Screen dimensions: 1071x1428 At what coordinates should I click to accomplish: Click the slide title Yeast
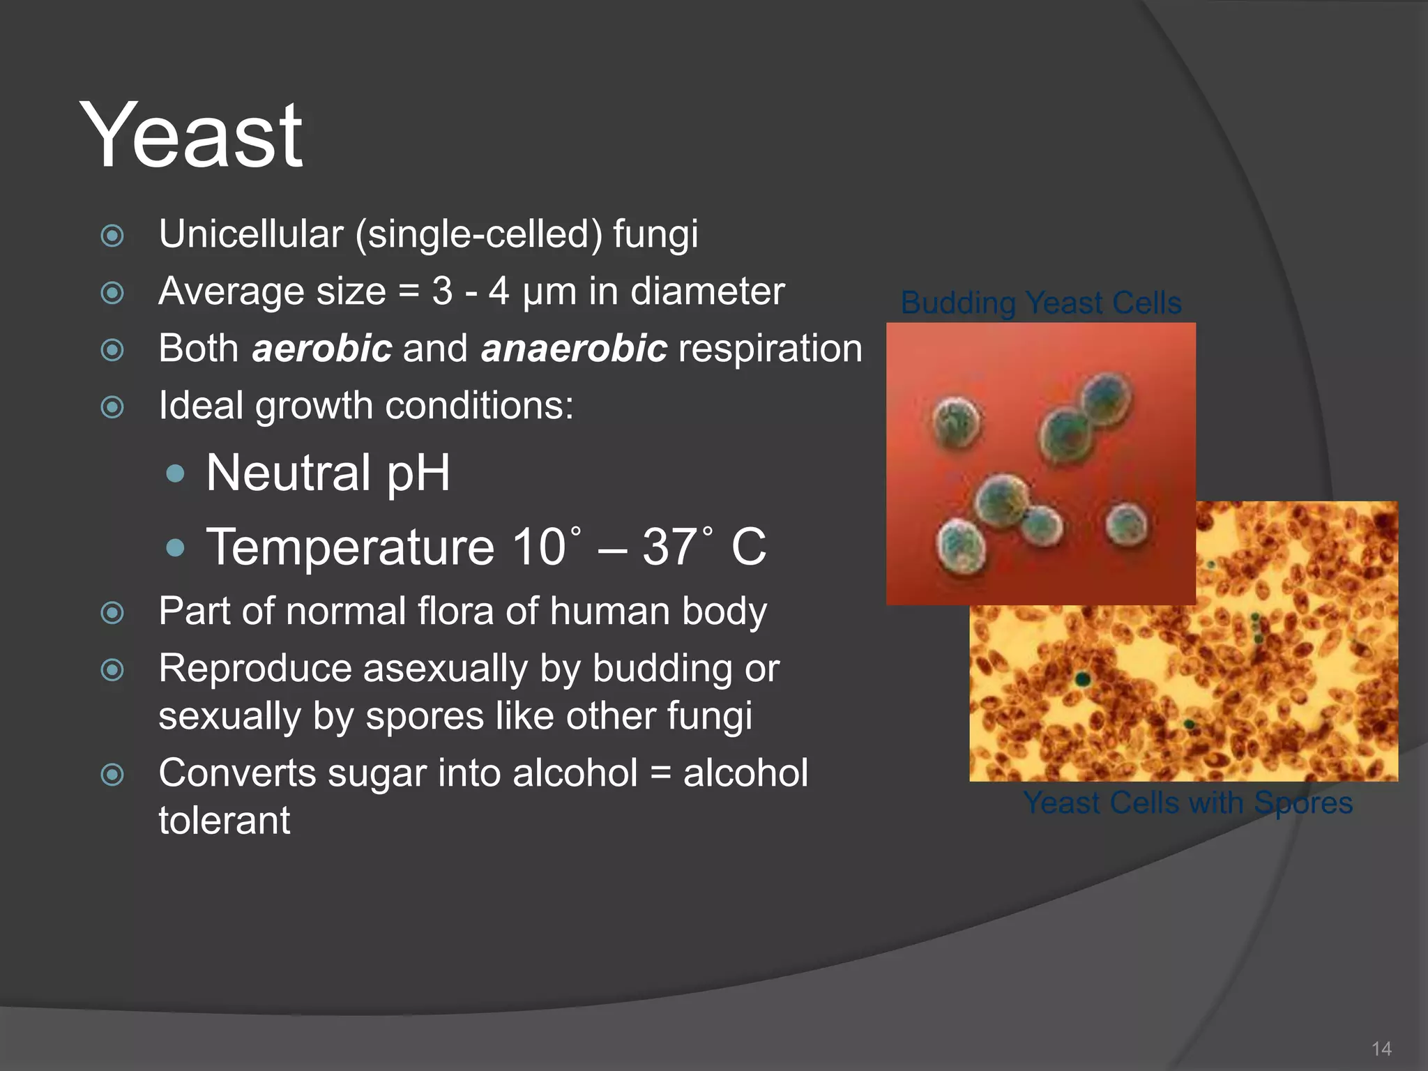[x=191, y=136]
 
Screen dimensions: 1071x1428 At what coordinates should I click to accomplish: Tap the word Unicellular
[x=250, y=234]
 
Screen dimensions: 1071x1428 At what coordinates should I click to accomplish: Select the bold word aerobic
[x=321, y=348]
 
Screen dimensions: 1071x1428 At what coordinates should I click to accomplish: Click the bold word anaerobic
[x=574, y=348]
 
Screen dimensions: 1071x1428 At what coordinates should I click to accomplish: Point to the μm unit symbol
[x=549, y=292]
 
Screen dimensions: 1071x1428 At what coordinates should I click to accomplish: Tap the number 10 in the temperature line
[x=539, y=547]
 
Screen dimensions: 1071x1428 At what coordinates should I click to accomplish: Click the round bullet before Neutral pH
[x=176, y=474]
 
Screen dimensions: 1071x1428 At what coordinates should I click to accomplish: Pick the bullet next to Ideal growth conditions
[x=112, y=407]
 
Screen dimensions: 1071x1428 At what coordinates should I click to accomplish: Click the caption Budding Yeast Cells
[x=1040, y=303]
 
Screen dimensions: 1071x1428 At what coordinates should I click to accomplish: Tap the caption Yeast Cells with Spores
[x=1187, y=803]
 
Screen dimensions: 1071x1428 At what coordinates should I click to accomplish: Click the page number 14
[x=1381, y=1049]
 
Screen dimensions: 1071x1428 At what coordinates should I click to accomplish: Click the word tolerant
[x=224, y=821]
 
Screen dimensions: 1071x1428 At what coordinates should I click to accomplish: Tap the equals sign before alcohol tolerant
[x=660, y=773]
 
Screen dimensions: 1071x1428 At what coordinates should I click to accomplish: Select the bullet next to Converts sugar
[x=112, y=774]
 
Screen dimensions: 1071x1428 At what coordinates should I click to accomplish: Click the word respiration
[x=770, y=348]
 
